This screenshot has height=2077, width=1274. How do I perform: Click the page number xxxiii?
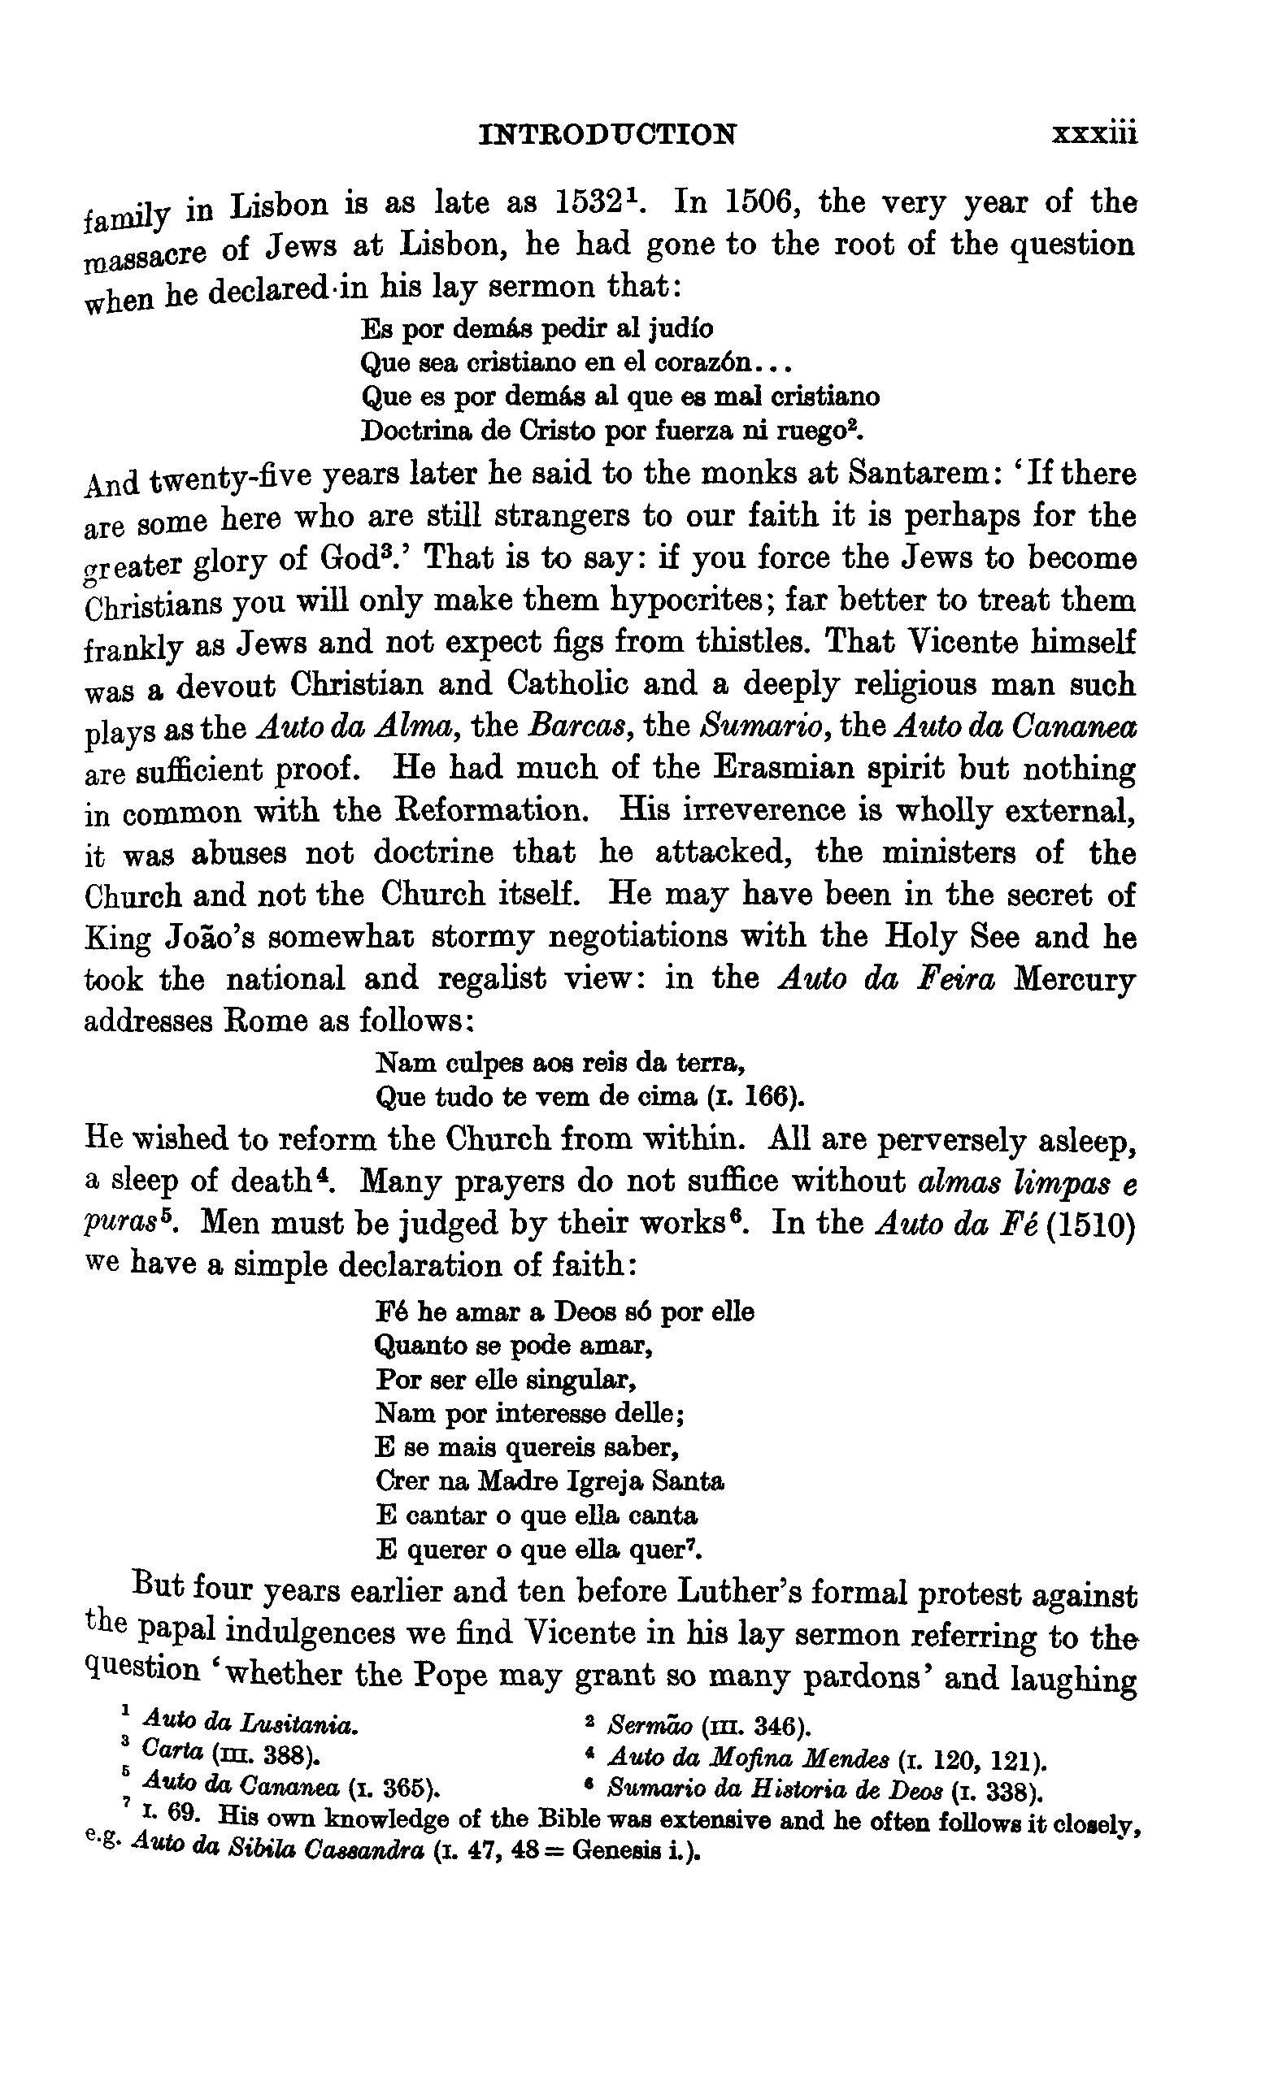click(x=1094, y=134)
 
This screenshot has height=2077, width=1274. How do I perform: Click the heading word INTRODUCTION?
click(x=607, y=134)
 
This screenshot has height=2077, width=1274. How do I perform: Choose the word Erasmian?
click(x=797, y=769)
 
